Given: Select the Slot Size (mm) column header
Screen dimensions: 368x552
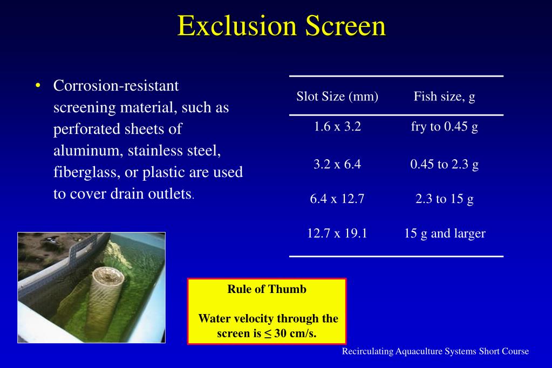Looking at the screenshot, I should pos(337,97).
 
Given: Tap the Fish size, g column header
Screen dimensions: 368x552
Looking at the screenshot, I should pos(444,97).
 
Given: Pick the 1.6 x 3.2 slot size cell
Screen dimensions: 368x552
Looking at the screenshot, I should pos(337,127).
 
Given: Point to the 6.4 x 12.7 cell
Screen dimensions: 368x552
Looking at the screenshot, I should pos(337,199).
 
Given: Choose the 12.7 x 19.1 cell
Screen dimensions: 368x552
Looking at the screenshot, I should pos(337,234).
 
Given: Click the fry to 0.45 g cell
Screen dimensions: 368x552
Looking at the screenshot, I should pos(444,127).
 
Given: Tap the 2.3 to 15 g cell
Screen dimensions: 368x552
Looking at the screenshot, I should pos(444,199).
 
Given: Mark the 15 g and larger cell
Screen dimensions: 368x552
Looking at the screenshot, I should pos(445,234).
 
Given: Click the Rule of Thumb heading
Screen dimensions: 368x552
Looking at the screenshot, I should pos(267,289).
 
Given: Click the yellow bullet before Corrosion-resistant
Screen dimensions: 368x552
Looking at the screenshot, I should pos(38,86).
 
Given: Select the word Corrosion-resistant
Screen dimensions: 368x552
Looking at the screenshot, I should pos(116,86).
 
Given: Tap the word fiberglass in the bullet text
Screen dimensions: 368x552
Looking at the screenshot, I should pos(86,173).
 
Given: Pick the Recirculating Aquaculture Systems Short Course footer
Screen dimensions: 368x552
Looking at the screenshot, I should pos(435,351).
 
